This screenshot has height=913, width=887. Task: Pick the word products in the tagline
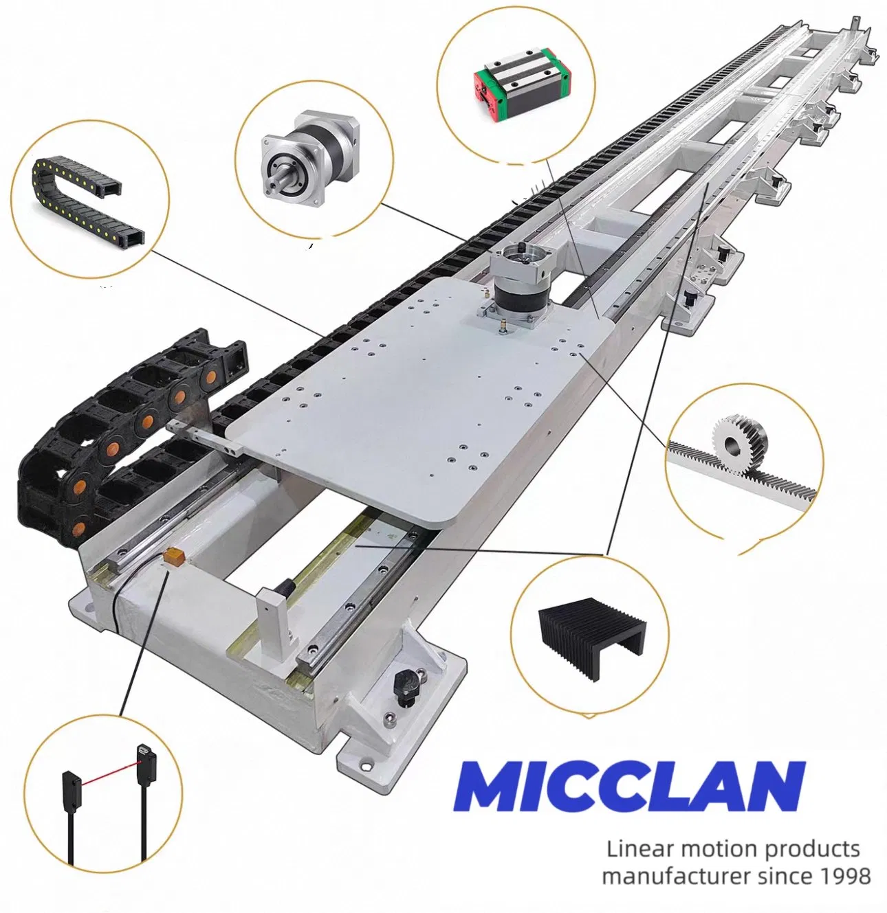click(812, 849)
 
